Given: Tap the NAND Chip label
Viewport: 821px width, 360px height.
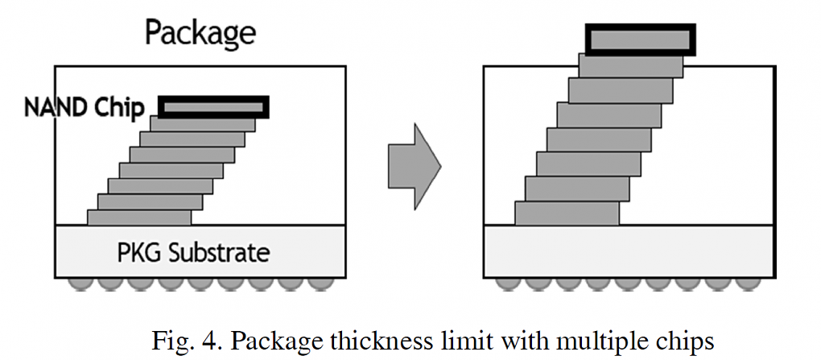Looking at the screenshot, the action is [x=84, y=107].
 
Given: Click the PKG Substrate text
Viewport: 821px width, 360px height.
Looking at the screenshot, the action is [x=193, y=253].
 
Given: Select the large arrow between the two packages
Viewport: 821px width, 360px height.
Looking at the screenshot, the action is [x=415, y=166].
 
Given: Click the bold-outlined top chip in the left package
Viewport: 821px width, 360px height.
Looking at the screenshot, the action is [x=213, y=107].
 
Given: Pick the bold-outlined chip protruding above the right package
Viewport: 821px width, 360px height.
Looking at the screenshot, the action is [x=641, y=39].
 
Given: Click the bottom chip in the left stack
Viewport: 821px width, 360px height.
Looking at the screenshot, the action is [x=139, y=217].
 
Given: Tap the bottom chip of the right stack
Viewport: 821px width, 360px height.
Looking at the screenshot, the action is [x=567, y=213].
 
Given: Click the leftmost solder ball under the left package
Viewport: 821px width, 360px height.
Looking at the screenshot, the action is [x=80, y=283].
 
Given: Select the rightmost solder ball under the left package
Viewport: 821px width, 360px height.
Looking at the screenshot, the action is [x=320, y=283].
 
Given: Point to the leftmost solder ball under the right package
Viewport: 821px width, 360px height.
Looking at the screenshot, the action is [x=508, y=283].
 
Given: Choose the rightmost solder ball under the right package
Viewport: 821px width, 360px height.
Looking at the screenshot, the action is [x=748, y=283].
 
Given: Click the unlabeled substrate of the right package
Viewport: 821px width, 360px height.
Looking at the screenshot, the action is [x=629, y=252].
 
